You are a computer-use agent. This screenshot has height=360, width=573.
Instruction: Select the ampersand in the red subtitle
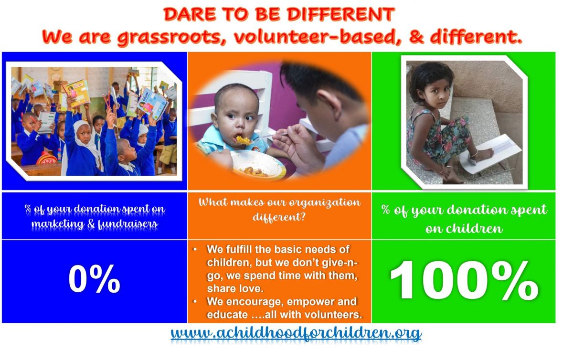[x=417, y=37]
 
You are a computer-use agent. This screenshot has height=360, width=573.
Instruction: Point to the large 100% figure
[x=464, y=280]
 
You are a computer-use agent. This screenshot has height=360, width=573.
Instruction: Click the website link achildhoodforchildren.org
[x=296, y=333]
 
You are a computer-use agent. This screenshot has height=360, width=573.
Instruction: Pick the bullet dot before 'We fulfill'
[x=195, y=249]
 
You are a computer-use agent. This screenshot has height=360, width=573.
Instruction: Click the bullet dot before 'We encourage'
[x=195, y=301]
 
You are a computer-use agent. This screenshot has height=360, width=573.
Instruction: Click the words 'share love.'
[x=235, y=288]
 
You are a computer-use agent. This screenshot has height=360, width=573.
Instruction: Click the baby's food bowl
[x=258, y=165]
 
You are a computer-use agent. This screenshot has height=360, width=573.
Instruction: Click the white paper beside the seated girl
[x=490, y=154]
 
